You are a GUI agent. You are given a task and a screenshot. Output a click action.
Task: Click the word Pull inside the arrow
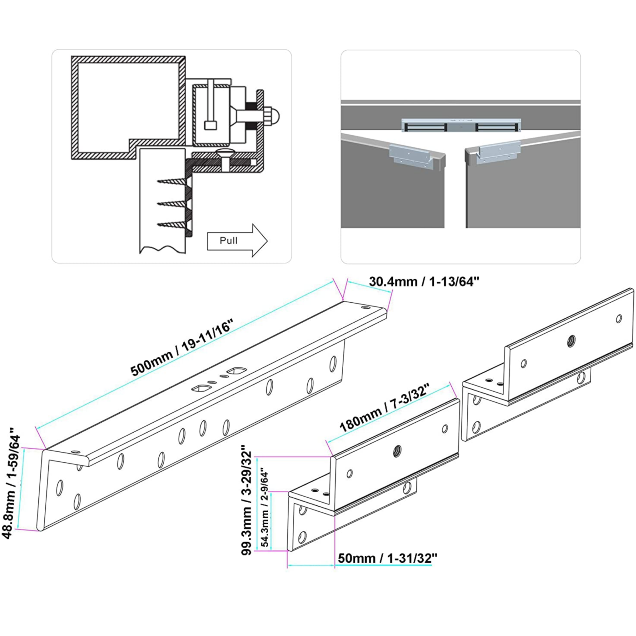click(x=229, y=240)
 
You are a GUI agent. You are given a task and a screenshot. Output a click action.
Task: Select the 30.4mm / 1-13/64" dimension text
click(x=424, y=282)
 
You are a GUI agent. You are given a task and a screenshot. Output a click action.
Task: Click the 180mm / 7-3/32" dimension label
click(x=385, y=408)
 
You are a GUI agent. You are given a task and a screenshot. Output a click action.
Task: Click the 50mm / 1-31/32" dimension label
click(x=387, y=558)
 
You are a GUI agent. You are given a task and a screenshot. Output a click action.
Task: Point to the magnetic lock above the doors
click(x=461, y=125)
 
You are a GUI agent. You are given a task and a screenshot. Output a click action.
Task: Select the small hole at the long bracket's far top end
click(x=366, y=307)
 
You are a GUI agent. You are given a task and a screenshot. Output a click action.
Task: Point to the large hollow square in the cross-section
click(x=128, y=108)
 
